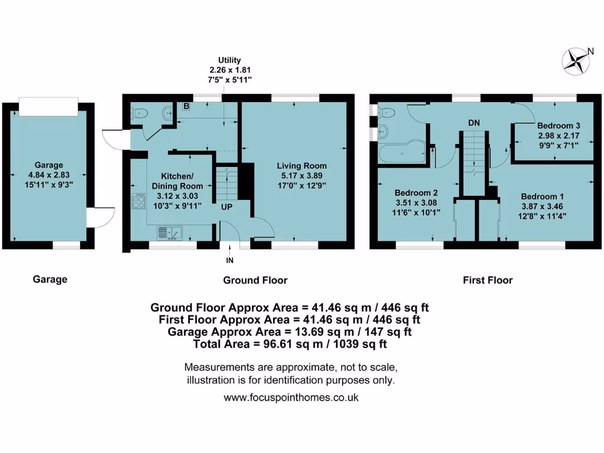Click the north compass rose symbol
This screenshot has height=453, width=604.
coord(576,61)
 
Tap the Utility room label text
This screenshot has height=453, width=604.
coord(229,60)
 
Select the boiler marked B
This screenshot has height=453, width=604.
coord(186,107)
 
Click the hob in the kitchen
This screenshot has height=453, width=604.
coord(139,202)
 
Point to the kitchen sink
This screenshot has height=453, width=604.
coord(170,234)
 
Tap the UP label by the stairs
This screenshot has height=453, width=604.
coord(226,208)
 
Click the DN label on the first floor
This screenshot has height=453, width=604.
coord(474,123)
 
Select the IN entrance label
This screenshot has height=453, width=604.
coord(229,260)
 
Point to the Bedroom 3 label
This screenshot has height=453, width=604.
coord(554,126)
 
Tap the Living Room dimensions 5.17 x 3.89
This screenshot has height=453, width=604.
coord(303,176)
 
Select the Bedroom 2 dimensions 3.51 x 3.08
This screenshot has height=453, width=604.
coord(416,203)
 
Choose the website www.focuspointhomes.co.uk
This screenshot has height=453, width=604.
coord(291,398)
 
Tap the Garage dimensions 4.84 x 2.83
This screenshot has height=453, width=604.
coord(49,175)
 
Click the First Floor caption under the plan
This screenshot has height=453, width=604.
coord(487,280)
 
